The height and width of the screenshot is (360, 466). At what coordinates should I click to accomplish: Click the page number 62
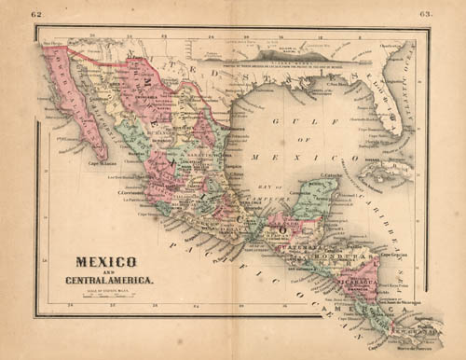36,15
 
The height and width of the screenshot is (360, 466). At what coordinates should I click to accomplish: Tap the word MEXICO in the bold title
106,262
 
